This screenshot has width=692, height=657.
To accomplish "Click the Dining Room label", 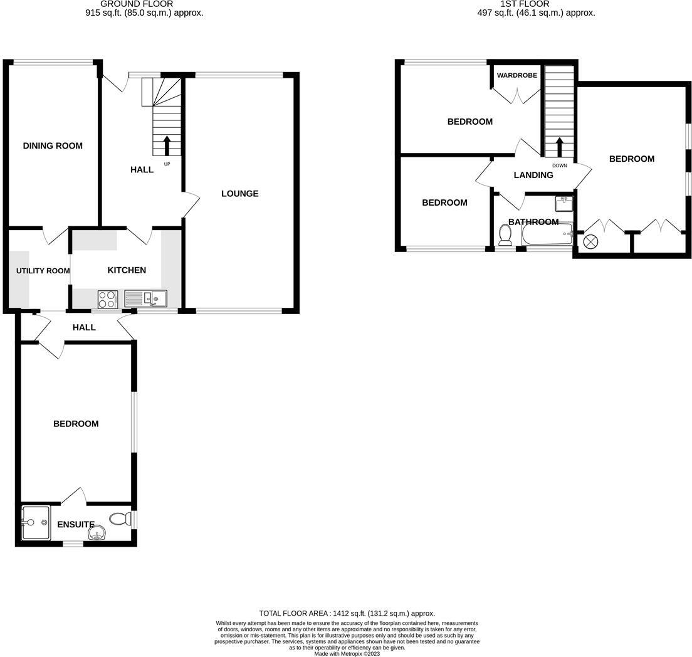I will [53, 145].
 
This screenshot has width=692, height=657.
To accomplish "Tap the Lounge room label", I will [239, 193].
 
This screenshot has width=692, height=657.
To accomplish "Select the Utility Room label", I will [43, 271].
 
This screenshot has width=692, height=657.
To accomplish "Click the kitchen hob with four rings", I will [107, 299].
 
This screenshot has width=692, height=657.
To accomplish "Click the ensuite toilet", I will [120, 519].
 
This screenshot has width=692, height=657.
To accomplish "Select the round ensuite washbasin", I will [96, 533].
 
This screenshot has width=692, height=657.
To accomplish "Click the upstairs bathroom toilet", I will [505, 234].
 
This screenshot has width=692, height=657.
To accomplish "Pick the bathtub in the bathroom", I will [547, 234].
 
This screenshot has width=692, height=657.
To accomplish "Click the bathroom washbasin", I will [564, 203].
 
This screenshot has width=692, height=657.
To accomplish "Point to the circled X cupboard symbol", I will [590, 242].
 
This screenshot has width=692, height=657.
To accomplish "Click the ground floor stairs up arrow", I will [167, 145].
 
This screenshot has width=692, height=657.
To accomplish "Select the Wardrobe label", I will [517, 75].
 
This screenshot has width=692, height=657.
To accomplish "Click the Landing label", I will [533, 175].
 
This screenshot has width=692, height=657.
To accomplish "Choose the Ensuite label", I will [76, 524].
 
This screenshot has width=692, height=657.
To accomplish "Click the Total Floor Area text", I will [347, 613].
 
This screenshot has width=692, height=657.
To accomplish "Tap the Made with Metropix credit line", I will [347, 653].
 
